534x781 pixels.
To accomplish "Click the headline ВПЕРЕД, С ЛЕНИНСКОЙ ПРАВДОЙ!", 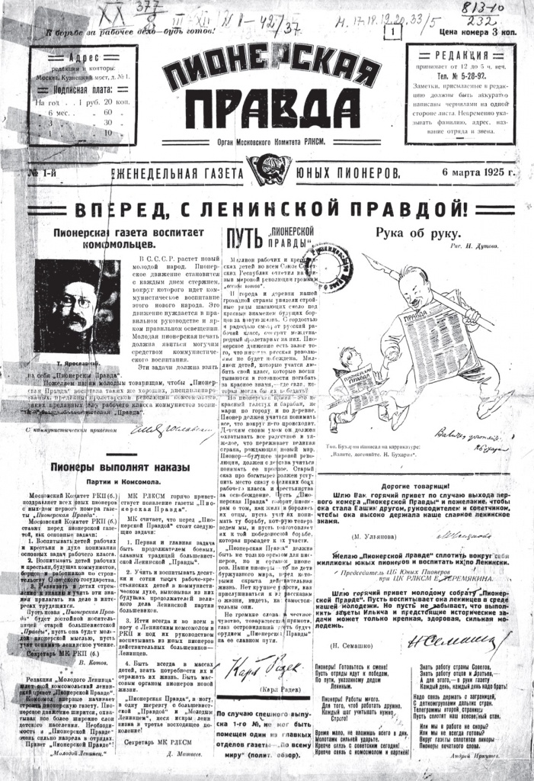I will point(267,208).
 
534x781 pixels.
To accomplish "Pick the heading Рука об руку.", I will point(417,233).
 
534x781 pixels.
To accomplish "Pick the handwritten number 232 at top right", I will point(500,23).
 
